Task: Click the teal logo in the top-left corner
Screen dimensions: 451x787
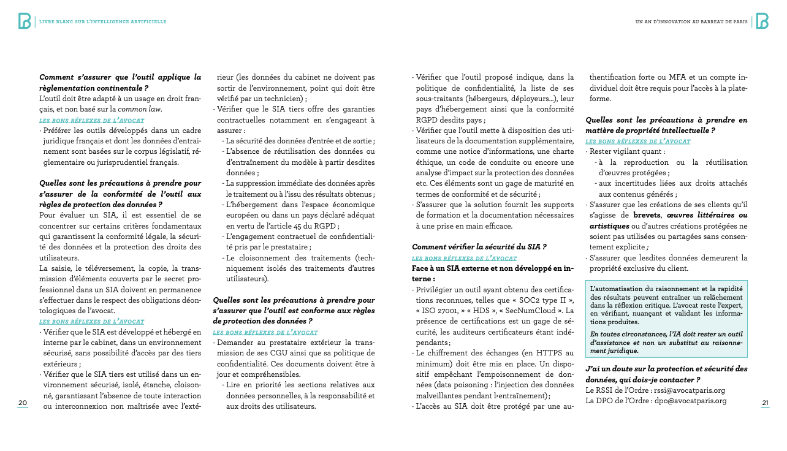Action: tap(25, 21)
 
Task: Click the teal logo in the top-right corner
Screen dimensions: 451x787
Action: tap(762, 21)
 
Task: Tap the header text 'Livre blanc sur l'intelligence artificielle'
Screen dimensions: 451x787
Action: tap(102, 22)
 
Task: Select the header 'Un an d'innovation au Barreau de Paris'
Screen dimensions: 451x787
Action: tap(691, 22)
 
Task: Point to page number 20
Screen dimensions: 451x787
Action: tap(23, 403)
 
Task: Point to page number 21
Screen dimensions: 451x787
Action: tap(765, 403)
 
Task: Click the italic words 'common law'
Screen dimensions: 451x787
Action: tap(143, 109)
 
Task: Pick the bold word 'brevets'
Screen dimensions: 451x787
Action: tap(647, 215)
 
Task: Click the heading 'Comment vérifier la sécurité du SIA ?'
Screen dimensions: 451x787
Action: tap(479, 247)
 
